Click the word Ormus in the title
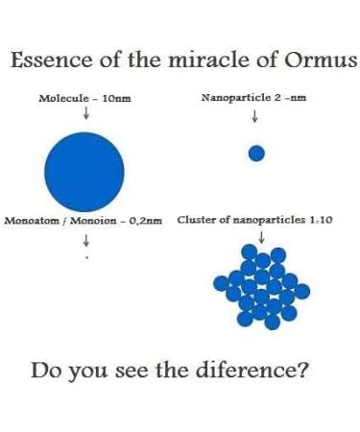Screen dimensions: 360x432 321,60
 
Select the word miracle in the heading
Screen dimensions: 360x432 208,60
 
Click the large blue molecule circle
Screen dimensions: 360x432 84,172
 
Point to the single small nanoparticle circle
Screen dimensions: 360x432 256,154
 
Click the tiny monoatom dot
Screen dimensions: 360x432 86,256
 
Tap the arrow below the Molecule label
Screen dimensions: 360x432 85,113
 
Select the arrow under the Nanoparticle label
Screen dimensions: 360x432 254,116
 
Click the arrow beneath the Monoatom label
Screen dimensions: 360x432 85,240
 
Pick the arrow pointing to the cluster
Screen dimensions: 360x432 261,237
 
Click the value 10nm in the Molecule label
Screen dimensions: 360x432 116,98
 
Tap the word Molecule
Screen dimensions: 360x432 63,98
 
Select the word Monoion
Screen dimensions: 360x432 93,221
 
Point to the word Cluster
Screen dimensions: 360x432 195,220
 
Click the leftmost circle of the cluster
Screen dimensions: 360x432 221,283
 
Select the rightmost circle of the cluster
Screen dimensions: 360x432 301,291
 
